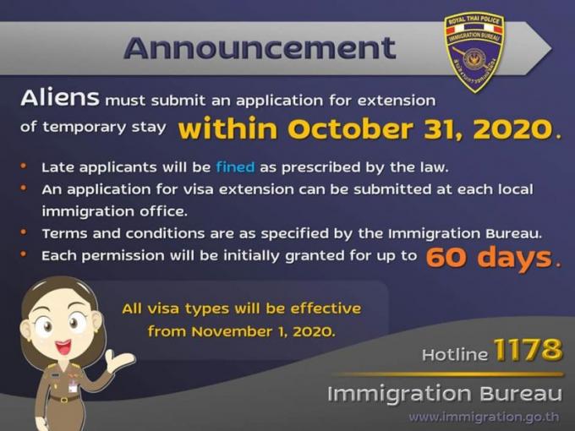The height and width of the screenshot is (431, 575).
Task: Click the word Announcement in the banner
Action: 260,48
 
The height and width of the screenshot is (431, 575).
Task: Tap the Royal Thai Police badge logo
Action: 474,52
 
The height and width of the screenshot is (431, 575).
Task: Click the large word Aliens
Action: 60,98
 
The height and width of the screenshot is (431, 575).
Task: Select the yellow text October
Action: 352,128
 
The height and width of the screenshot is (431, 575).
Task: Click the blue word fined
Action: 235,167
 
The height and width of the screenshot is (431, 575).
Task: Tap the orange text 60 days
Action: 490,258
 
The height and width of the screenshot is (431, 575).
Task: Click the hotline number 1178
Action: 528,350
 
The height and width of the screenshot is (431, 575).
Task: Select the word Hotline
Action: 455,354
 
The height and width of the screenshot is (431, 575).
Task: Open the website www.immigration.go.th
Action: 484,417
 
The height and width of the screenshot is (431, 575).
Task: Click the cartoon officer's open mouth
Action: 63,346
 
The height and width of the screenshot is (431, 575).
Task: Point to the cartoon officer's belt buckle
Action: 64,399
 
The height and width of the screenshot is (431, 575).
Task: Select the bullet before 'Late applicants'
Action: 24,166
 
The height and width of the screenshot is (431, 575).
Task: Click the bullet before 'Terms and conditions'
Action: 24,232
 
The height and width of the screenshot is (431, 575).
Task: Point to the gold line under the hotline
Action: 448,374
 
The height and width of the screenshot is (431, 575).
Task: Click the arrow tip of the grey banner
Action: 551,48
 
